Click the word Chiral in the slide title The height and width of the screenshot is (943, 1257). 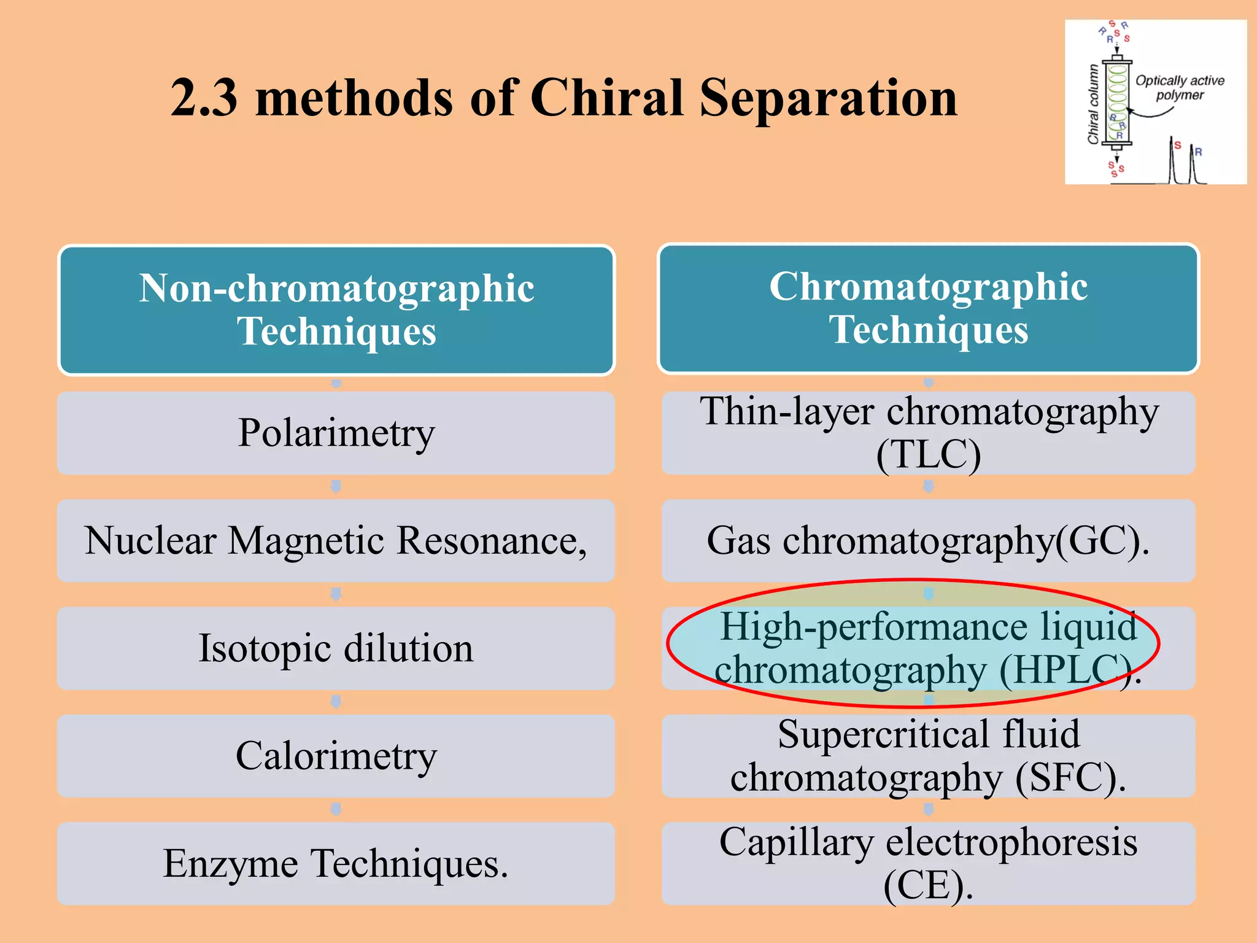coord(606,98)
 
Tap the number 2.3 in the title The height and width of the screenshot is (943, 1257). coord(204,98)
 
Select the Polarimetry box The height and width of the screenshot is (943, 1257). coord(336,433)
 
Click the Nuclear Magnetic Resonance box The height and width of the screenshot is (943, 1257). coord(336,541)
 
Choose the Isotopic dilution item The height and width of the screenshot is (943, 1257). coord(336,648)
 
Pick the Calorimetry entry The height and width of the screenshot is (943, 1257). coord(336,756)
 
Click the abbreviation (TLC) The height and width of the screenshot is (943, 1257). coord(928,455)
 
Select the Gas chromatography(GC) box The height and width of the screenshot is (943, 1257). coord(928,541)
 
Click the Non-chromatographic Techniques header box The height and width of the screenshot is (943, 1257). coord(336,309)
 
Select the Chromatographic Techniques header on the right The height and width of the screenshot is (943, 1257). coord(928,308)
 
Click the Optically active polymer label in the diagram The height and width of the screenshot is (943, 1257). coord(1179,88)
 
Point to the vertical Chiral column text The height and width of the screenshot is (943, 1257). coord(1093,104)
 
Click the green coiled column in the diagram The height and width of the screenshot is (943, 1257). coord(1117,101)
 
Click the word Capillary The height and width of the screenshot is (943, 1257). coord(796,842)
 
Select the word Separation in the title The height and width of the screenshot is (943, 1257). coord(828,98)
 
